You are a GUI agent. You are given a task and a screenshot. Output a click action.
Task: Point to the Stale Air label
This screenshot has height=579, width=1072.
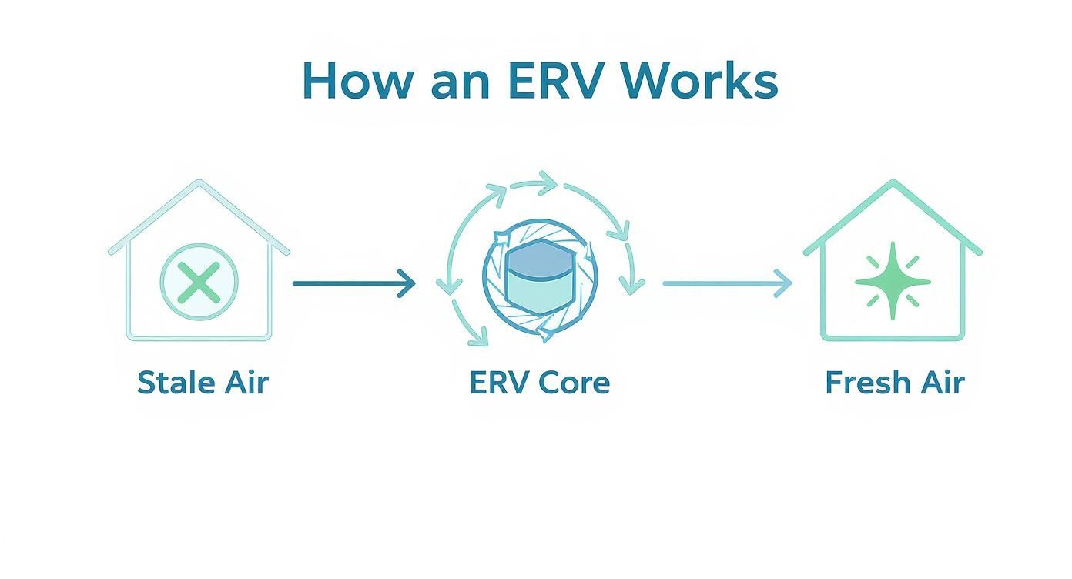(x=203, y=383)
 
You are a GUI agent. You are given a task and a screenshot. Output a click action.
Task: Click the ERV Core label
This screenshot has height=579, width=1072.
(x=539, y=383)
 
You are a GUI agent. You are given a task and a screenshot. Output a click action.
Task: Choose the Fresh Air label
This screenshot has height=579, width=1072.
(x=894, y=383)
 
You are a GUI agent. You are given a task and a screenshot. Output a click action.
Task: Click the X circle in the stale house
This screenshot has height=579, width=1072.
(x=199, y=282)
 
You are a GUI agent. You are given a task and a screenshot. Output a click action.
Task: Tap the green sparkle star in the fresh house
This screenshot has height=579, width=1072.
(x=893, y=281)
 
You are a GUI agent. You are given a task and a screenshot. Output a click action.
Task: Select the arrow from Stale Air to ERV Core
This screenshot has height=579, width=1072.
(x=353, y=283)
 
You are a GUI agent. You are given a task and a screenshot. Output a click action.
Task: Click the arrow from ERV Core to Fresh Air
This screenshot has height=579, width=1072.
(x=727, y=283)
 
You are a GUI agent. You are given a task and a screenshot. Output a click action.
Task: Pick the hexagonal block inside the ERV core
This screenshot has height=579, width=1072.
(x=538, y=281)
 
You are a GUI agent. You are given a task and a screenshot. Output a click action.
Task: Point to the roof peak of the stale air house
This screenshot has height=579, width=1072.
(x=199, y=184)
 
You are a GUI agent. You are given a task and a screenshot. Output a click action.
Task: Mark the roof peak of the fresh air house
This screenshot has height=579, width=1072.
(x=893, y=184)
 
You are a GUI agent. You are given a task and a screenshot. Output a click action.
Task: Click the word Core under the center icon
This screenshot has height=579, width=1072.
(x=575, y=383)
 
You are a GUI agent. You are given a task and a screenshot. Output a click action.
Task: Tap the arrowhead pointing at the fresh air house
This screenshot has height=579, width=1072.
(x=785, y=283)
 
